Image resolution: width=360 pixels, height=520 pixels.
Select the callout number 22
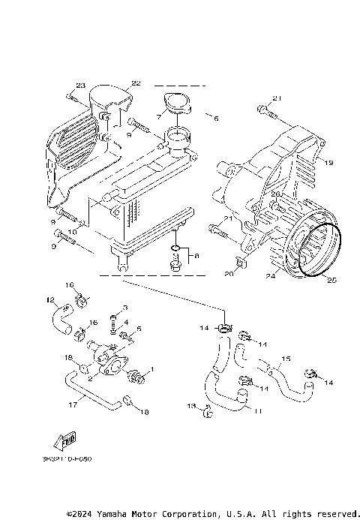point(136,83)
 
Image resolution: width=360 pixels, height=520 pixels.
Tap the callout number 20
point(229,275)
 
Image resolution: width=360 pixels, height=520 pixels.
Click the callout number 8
point(196,256)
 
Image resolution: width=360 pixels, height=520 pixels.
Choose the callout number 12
point(50,300)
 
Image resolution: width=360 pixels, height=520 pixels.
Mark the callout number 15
point(285,359)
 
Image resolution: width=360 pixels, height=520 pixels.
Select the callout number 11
point(256,412)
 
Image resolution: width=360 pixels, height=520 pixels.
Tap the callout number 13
point(191,405)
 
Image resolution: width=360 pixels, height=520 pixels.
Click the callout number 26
point(274,194)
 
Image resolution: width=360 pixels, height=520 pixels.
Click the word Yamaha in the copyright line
point(109,514)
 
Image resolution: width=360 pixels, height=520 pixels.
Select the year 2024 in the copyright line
point(84,514)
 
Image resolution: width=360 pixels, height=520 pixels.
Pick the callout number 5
point(139,328)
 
